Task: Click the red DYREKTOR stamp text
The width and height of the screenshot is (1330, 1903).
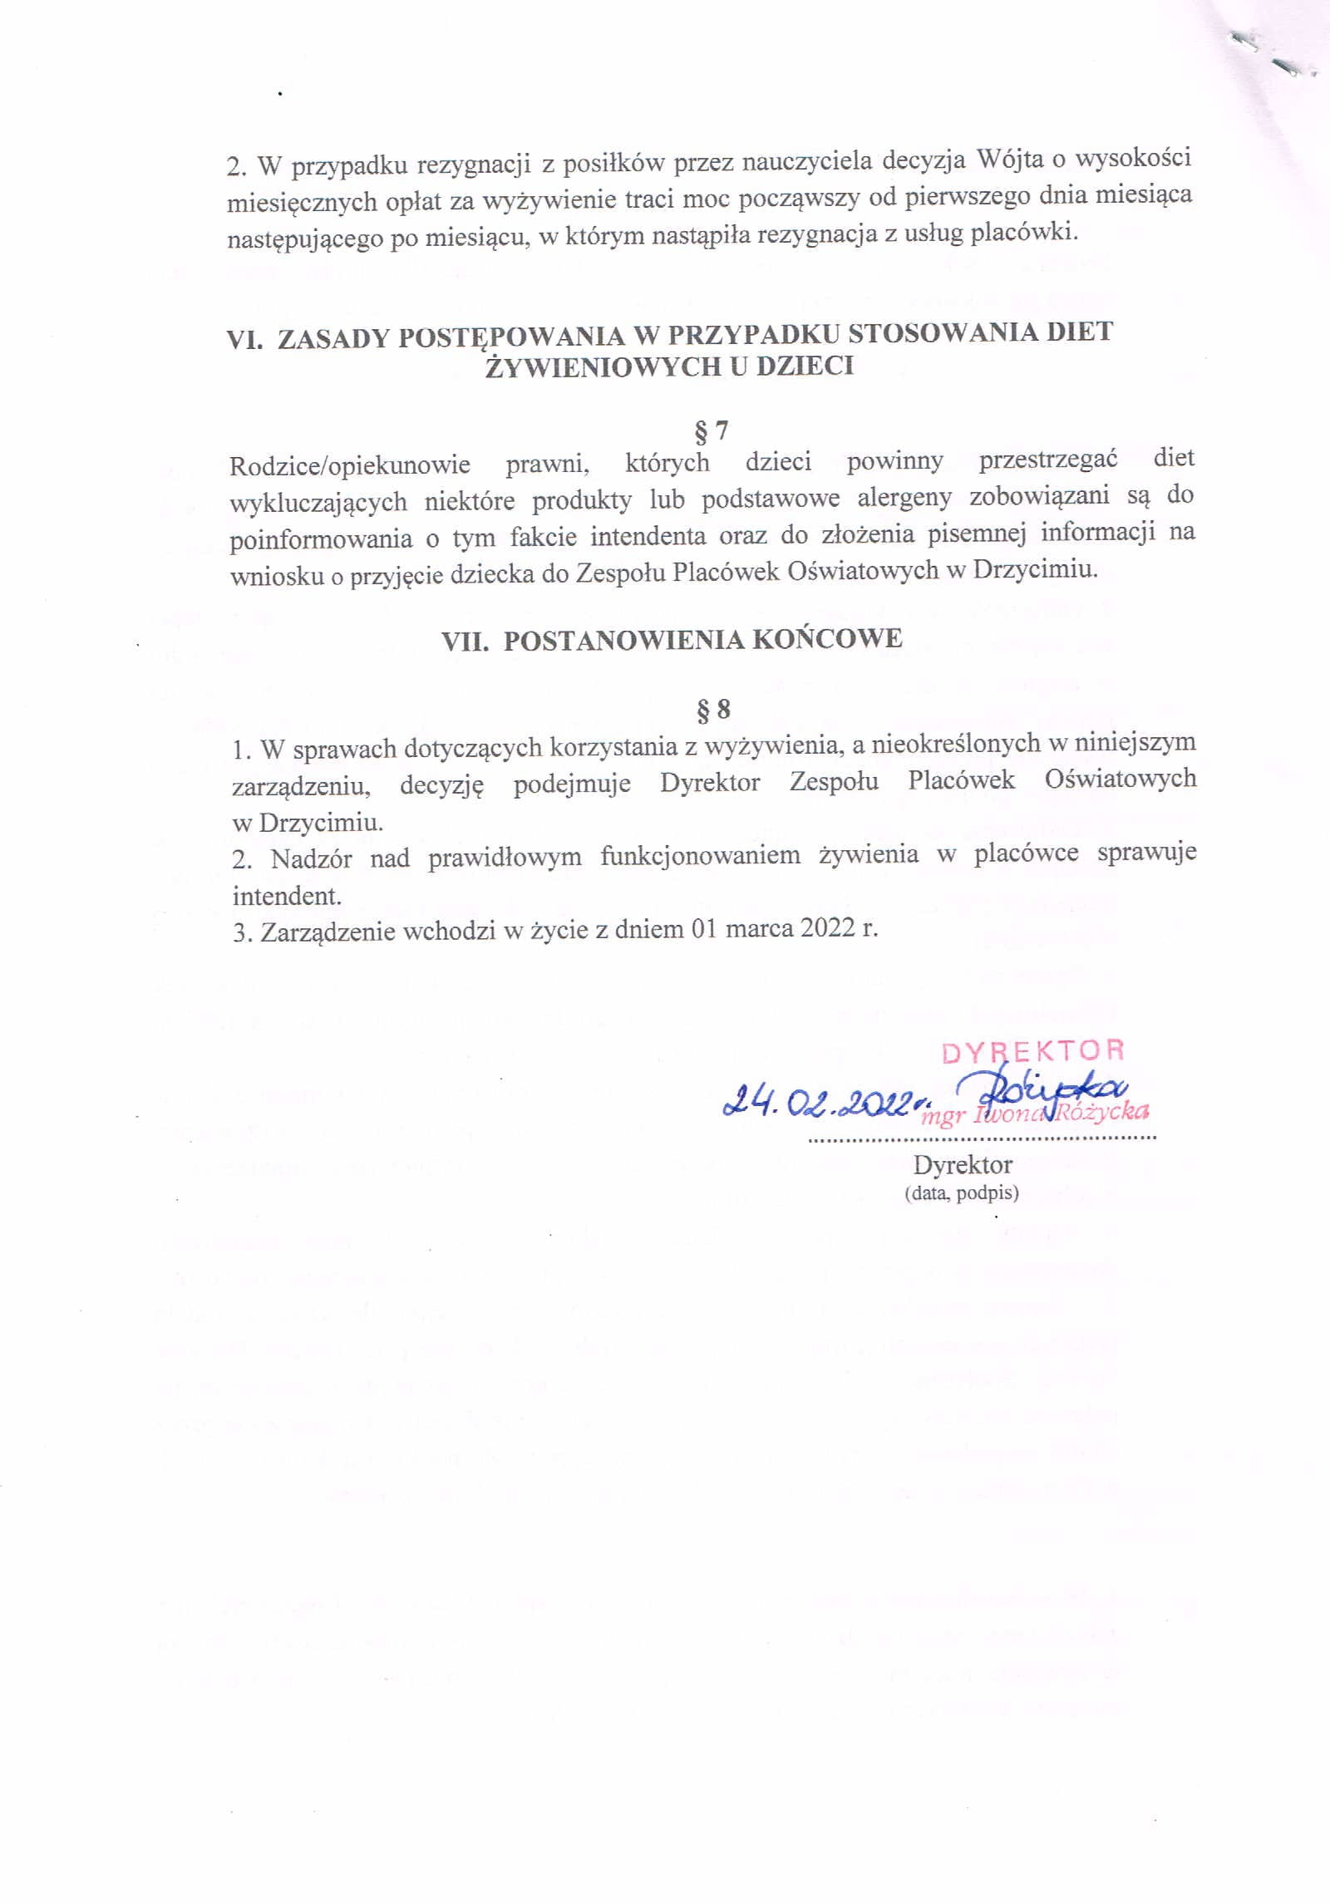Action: pos(1033,1052)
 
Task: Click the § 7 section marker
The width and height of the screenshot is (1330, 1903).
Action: pos(711,430)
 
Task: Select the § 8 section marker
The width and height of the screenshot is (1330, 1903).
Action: pos(712,709)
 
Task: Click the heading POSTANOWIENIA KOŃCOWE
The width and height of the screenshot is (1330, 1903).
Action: pos(702,639)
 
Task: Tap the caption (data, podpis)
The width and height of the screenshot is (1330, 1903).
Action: pos(961,1193)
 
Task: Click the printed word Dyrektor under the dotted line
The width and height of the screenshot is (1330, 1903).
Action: pos(963,1165)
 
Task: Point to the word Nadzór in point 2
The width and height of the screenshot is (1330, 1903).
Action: pos(311,858)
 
